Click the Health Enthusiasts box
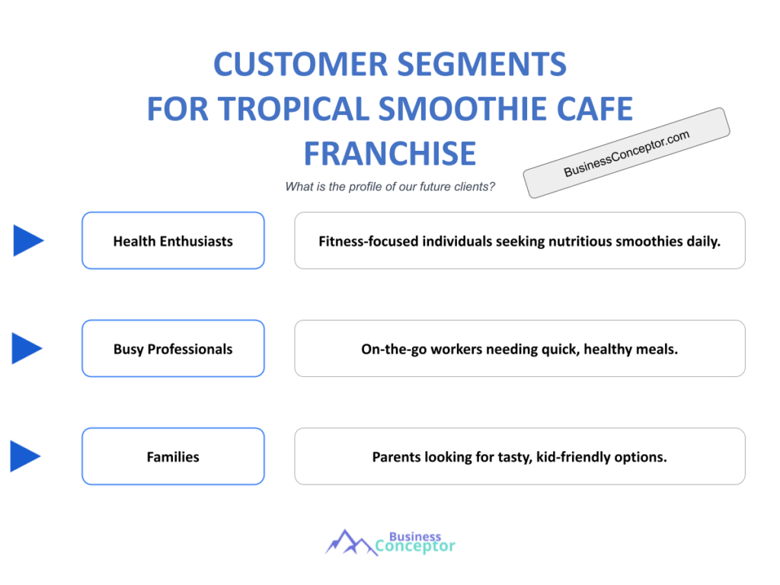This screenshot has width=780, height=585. (173, 241)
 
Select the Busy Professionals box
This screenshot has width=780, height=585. (173, 349)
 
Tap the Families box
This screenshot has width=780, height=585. (173, 457)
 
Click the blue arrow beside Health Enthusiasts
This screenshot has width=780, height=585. (27, 241)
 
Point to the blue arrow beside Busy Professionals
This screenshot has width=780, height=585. (27, 349)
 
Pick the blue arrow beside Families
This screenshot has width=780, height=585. (24, 457)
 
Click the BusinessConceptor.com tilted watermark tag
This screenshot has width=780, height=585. (626, 153)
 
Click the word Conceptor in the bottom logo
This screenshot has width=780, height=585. (415, 546)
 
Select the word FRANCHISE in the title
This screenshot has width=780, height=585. (389, 153)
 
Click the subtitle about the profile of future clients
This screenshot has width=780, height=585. (390, 187)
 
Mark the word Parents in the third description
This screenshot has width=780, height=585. (396, 458)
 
